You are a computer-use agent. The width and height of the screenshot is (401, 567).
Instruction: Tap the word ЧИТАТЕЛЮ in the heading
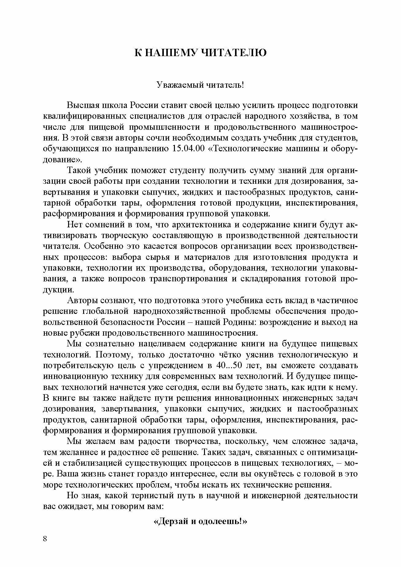(x=233, y=52)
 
